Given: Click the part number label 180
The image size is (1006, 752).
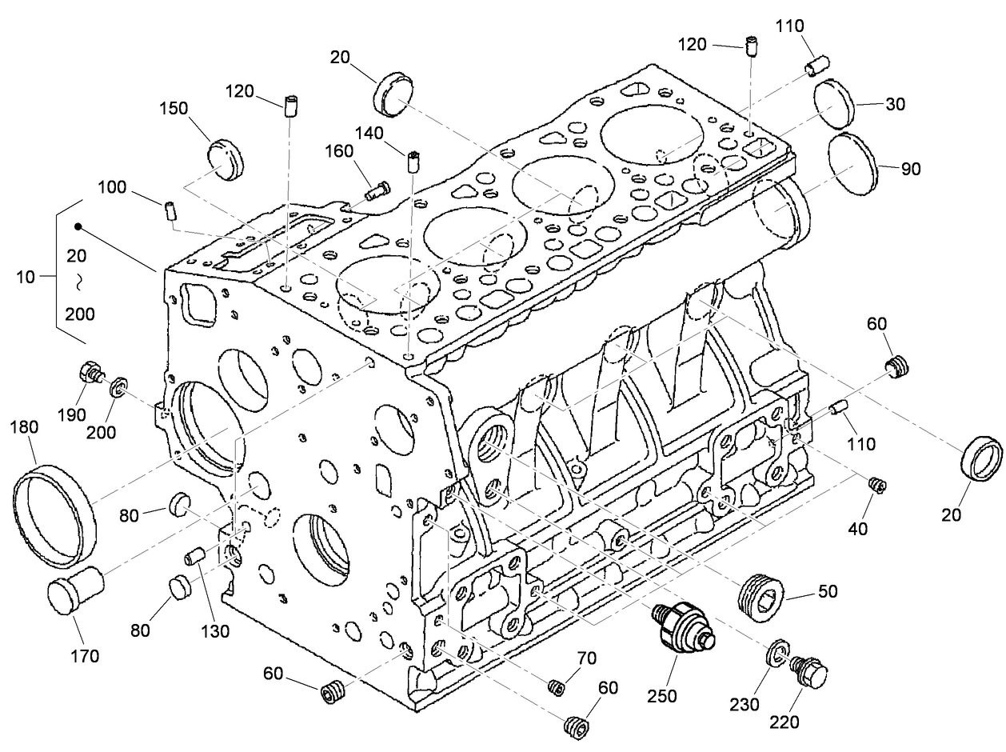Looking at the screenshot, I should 23,428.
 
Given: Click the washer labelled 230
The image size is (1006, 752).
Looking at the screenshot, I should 776,653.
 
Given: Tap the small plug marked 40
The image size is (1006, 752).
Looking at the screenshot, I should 877,483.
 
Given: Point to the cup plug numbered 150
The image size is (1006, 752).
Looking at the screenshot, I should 224,159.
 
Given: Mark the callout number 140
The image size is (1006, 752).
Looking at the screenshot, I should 369,133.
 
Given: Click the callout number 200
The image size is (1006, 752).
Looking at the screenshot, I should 102,433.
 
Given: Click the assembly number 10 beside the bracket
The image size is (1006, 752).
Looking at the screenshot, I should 25,277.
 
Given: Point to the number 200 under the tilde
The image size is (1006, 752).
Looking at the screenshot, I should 80,314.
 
